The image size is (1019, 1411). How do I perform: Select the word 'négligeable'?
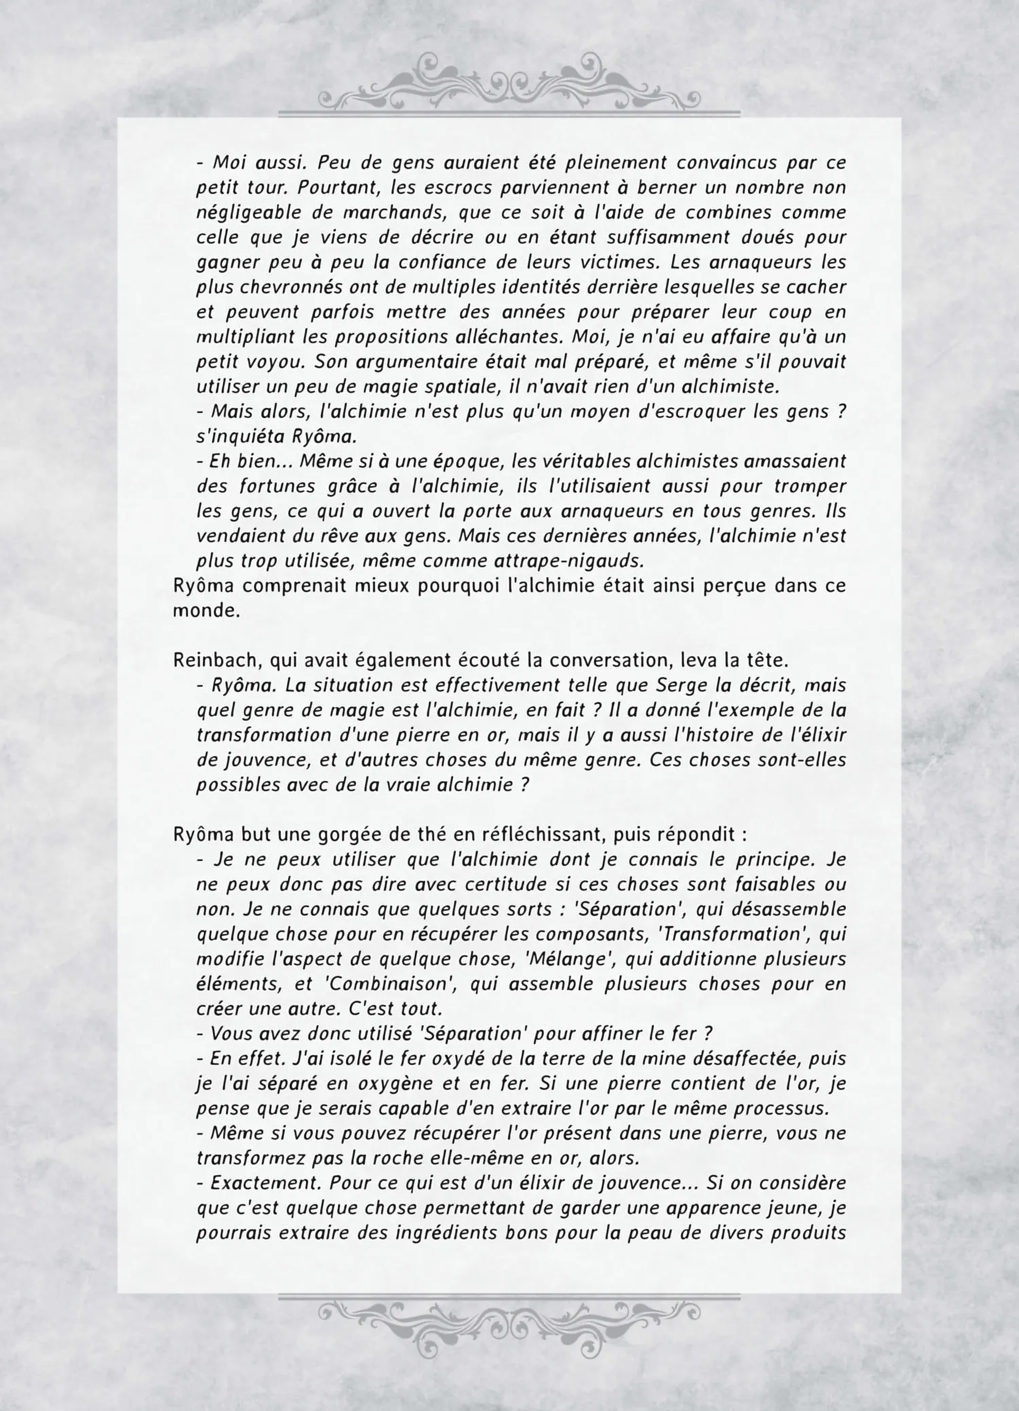239,212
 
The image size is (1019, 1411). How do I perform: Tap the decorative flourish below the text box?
509,1319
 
